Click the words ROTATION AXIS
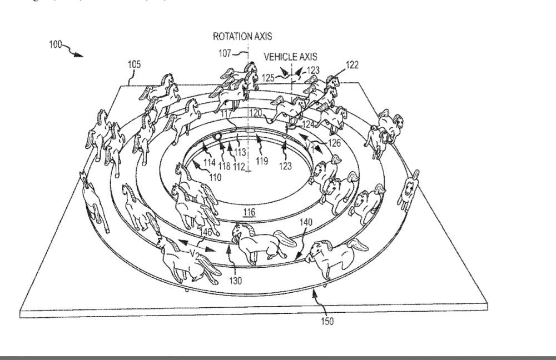tap(242, 37)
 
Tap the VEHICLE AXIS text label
tap(290, 57)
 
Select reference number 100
tap(55, 45)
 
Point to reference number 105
tap(135, 65)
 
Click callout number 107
tap(225, 53)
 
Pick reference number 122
tap(352, 65)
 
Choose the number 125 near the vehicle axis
tap(268, 78)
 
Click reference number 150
tap(327, 322)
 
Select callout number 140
tap(305, 222)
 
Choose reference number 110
tap(215, 178)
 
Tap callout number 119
tap(261, 161)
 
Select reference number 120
tap(255, 113)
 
